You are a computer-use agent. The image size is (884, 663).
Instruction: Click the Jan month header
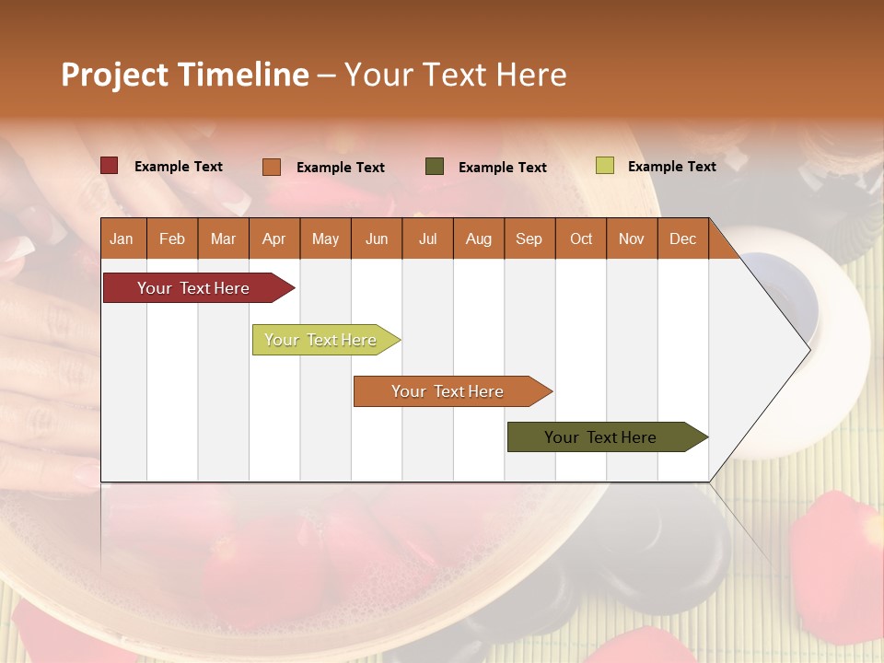coord(122,238)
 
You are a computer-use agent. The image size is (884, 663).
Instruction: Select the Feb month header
coord(172,238)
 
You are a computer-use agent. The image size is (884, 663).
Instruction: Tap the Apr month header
coord(273,238)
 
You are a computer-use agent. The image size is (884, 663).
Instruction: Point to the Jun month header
coord(377,238)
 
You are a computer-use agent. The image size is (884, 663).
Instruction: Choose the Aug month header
coord(478,238)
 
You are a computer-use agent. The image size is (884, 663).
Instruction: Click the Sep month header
coord(529,238)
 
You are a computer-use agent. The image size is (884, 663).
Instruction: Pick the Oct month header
coord(581,238)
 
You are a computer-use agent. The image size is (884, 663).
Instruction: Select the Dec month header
coord(682,238)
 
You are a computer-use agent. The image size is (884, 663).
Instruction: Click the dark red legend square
coord(109,166)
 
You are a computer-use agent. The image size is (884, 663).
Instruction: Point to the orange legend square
coord(271,167)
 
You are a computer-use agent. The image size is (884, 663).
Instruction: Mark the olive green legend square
coord(435,167)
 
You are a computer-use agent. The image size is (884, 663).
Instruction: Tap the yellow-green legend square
coord(604,166)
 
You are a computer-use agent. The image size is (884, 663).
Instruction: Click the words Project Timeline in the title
coord(185,75)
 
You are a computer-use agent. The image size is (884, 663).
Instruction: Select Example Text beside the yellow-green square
coord(671,167)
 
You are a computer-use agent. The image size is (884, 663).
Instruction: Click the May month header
coord(325,238)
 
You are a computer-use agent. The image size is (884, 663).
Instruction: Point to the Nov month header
coord(631,238)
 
